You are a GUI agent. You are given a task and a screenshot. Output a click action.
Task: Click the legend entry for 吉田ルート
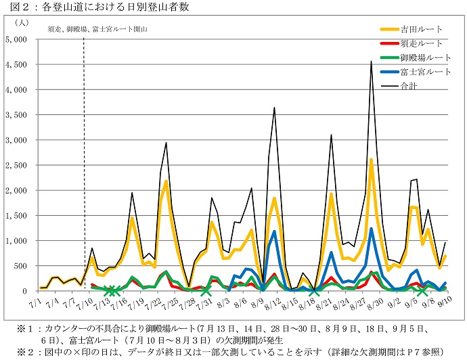[422, 29]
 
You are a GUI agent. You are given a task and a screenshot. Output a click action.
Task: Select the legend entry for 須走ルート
[422, 43]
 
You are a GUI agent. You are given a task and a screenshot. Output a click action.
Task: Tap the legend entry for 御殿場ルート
[424, 58]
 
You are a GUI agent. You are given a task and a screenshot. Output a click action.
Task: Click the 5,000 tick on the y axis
[16, 40]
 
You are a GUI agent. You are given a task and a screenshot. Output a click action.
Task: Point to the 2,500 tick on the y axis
[16, 166]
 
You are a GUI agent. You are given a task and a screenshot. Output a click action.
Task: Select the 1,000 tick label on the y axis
[16, 241]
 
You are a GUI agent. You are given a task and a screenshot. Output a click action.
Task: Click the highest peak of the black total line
[371, 62]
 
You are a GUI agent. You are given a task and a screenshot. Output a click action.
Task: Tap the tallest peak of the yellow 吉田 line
[371, 160]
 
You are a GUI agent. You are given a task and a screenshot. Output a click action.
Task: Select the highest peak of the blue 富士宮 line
[371, 229]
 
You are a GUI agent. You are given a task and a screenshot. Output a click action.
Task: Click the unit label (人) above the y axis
[20, 22]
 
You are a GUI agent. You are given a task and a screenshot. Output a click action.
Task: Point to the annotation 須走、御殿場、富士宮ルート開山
[97, 30]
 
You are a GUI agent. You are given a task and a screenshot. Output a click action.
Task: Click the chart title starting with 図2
[94, 7]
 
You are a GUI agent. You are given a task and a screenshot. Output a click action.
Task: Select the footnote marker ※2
[26, 351]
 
